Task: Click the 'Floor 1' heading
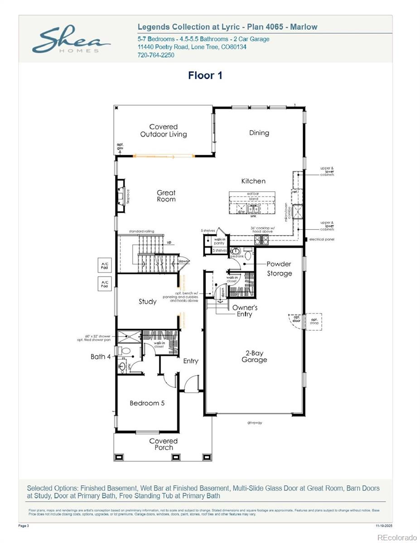[x=205, y=76]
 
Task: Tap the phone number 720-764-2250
[x=155, y=55]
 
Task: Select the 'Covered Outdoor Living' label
[x=163, y=130]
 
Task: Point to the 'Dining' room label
[x=259, y=133]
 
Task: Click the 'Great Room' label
[x=166, y=196]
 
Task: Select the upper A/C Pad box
[x=104, y=266]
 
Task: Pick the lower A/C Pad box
[x=104, y=284]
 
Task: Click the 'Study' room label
[x=148, y=301]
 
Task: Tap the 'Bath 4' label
[x=101, y=357]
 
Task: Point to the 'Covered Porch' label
[x=164, y=444]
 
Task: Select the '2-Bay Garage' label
[x=254, y=356]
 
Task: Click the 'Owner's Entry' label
[x=245, y=311]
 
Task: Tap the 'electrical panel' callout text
[x=322, y=239]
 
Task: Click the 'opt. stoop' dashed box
[x=314, y=321]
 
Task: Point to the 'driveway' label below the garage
[x=254, y=423]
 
